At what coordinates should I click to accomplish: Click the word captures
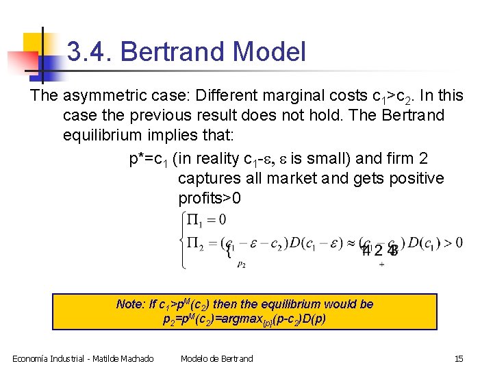click(209, 179)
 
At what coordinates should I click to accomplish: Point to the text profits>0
click(210, 199)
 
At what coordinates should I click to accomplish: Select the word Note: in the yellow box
click(131, 304)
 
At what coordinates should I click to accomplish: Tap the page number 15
click(459, 358)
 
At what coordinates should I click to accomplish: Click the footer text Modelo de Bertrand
click(216, 358)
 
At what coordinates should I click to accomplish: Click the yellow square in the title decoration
click(34, 43)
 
